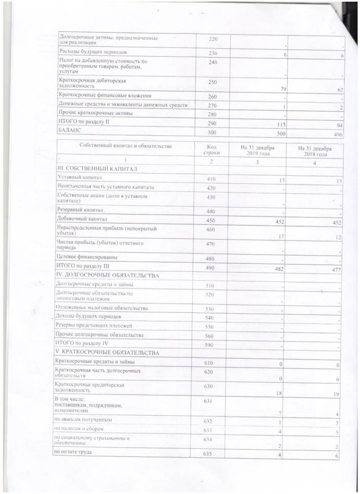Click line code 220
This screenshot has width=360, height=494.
[x=212, y=39]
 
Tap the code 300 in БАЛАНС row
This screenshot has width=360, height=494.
[x=212, y=133]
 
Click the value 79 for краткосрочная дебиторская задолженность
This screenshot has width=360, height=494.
[x=284, y=89]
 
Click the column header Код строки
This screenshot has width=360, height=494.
[x=212, y=151]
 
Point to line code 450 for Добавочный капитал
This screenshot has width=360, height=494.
[x=212, y=219]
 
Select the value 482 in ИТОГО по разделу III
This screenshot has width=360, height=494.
[x=284, y=268]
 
